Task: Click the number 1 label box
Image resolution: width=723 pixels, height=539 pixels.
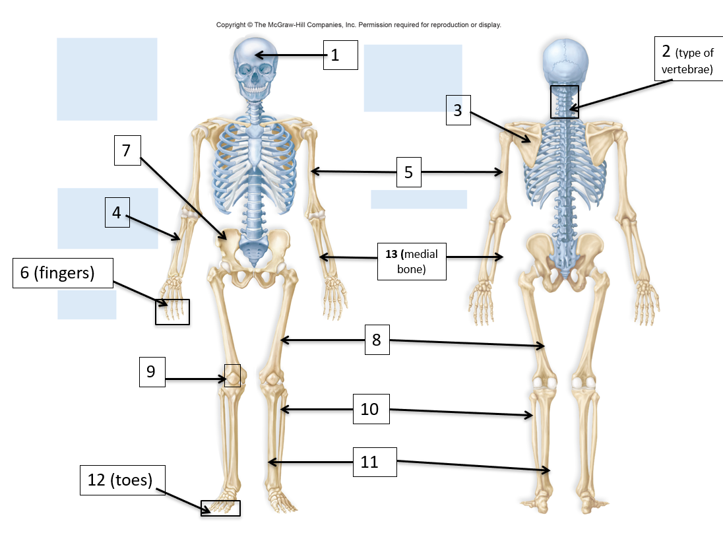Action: tap(340, 55)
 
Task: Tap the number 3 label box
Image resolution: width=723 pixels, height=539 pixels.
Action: tap(458, 110)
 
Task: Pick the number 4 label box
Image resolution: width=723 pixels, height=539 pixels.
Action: tap(117, 213)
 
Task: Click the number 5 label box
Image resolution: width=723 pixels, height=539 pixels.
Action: tap(408, 172)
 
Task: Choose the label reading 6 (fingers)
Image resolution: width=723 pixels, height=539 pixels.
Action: tap(63, 272)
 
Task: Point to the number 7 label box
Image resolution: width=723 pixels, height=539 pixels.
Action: tap(127, 152)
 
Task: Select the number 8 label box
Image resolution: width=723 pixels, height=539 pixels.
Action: tap(376, 340)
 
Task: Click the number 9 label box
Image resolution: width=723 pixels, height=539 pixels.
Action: tap(151, 372)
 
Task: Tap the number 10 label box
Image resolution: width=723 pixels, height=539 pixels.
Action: tap(370, 409)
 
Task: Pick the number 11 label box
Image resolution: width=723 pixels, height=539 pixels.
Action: tap(369, 462)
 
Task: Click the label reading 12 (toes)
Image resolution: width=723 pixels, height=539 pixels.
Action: tap(122, 480)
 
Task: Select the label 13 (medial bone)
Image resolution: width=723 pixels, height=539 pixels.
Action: tap(411, 261)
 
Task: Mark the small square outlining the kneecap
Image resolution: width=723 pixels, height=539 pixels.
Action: tap(232, 375)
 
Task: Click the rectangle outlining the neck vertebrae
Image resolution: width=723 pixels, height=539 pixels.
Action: tap(564, 102)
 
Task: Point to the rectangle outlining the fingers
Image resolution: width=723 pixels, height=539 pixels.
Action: tap(172, 311)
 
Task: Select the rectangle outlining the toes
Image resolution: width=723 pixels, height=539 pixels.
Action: tap(220, 508)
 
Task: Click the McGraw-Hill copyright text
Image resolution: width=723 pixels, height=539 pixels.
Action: tap(359, 25)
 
